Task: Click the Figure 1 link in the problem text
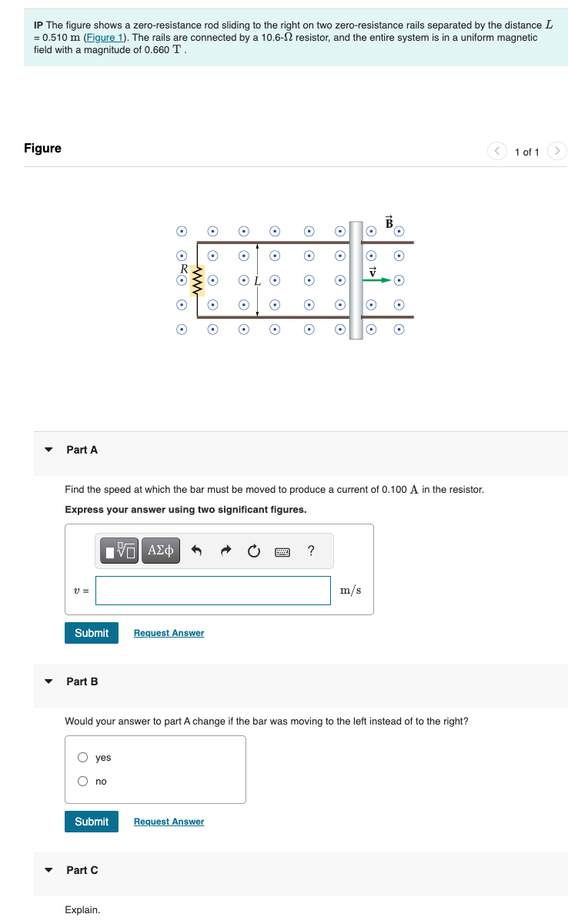point(103,38)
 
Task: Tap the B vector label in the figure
point(389,221)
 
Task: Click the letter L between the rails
point(257,280)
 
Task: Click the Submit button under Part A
point(92,633)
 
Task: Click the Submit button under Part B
point(92,822)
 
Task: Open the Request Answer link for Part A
point(169,633)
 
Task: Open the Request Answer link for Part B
point(169,822)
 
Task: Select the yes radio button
point(83,758)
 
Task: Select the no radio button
point(83,782)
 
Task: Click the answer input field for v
point(213,591)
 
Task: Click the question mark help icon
point(310,551)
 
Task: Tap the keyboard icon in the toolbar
point(282,551)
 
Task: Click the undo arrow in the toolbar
point(195,551)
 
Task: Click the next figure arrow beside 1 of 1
point(558,151)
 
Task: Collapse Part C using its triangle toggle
point(49,870)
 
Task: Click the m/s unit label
point(350,591)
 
